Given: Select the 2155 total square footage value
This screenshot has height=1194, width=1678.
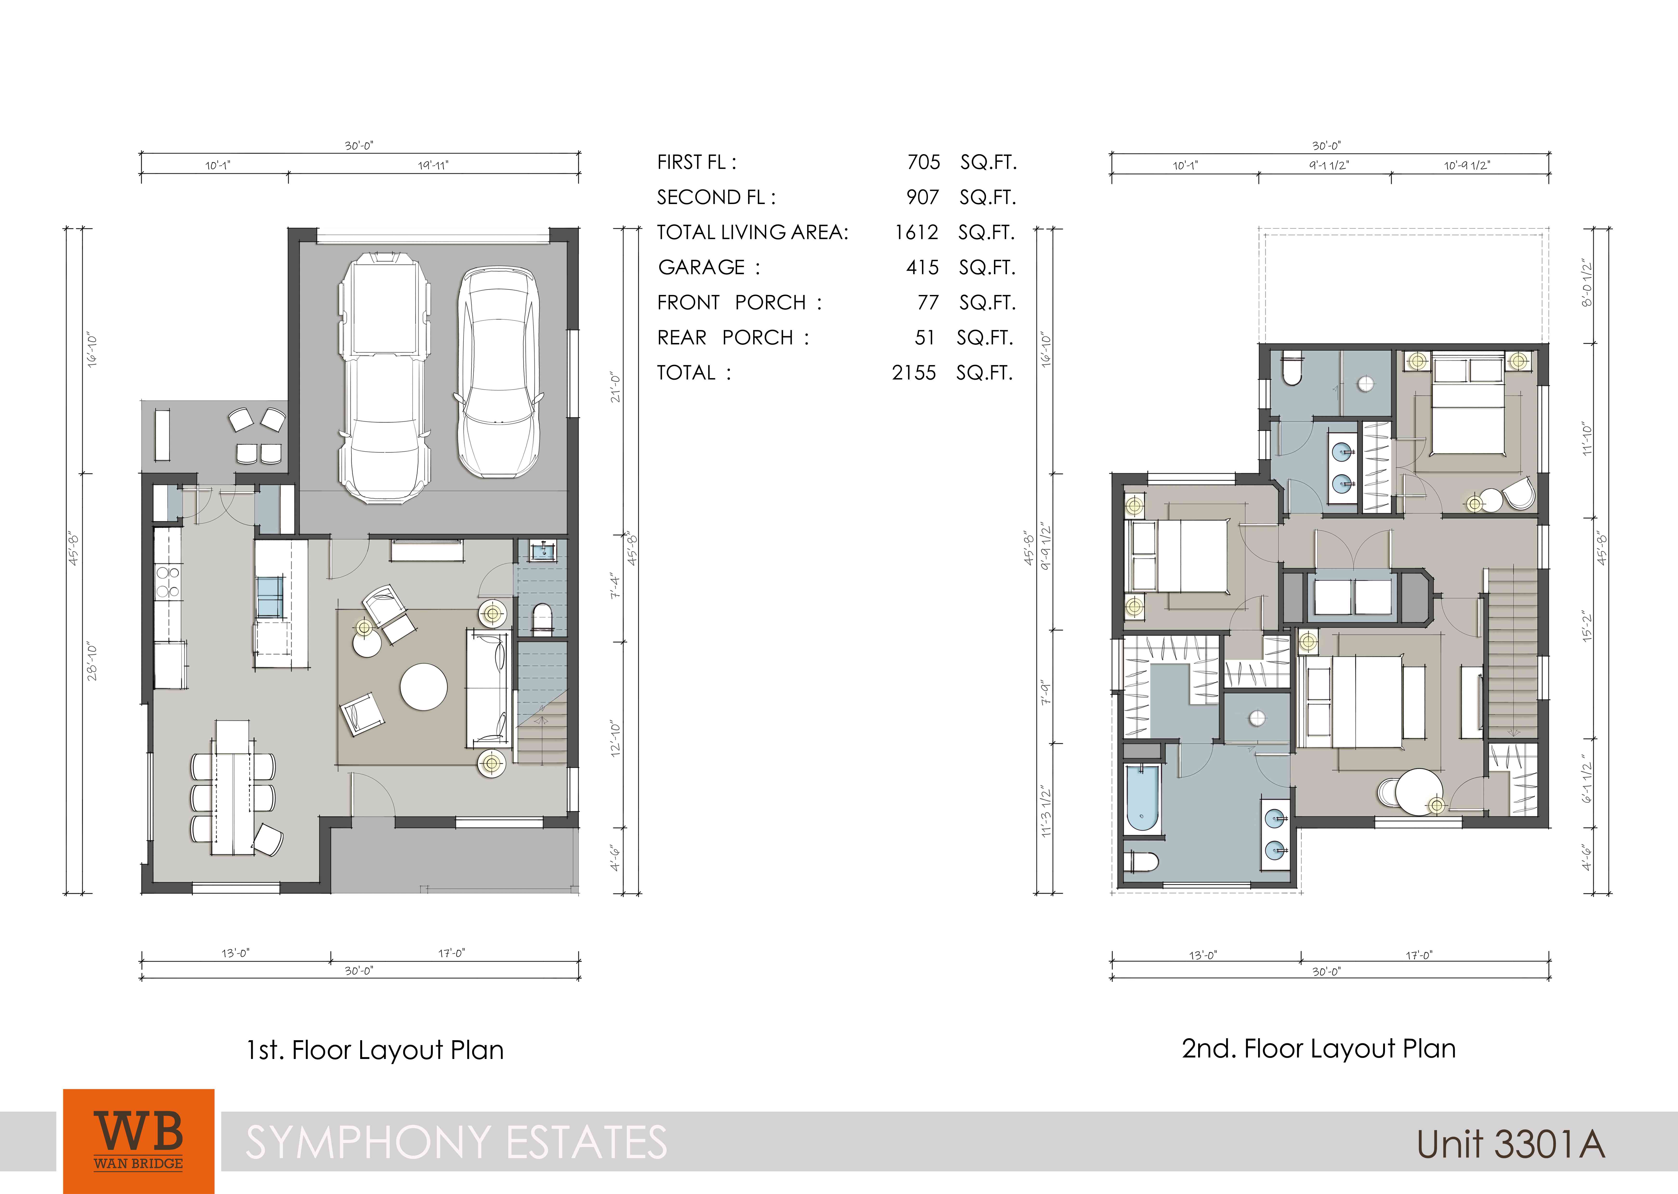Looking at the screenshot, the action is tap(914, 373).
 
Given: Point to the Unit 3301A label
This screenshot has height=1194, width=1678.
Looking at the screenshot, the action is tap(1510, 1144).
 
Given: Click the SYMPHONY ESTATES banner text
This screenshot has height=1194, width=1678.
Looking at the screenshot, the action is tap(456, 1142).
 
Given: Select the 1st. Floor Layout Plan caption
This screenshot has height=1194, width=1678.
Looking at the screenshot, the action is tap(375, 1050).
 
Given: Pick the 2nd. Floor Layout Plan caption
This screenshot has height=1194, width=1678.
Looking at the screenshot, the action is tap(1319, 1048).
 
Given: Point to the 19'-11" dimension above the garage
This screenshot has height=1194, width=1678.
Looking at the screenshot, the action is tap(433, 165).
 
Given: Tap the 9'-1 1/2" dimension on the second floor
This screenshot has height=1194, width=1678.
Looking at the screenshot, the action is tap(1329, 165).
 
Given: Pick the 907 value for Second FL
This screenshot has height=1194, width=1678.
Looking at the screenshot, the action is tap(923, 197).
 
